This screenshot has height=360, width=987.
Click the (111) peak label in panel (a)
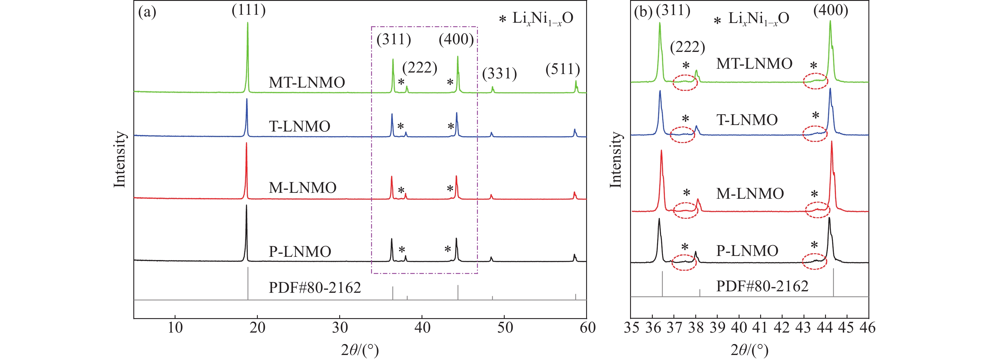pyautogui.click(x=248, y=10)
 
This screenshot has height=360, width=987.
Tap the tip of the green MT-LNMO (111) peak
pyautogui.click(x=247, y=23)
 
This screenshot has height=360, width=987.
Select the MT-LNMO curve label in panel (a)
pyautogui.click(x=306, y=82)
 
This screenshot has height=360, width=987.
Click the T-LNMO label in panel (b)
pyautogui.click(x=747, y=120)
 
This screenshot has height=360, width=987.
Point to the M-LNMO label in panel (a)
pyautogui.click(x=302, y=188)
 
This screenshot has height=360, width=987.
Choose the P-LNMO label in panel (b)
pyautogui.click(x=747, y=251)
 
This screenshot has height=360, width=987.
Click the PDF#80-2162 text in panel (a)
pyautogui.click(x=314, y=287)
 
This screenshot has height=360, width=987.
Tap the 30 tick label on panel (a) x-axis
pyautogui.click(x=340, y=328)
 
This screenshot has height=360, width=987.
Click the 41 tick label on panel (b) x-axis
pyautogui.click(x=760, y=328)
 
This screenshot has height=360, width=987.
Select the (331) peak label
pyautogui.click(x=499, y=73)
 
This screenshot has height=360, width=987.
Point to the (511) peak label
pyautogui.click(x=563, y=69)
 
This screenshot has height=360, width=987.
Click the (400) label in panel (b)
pyautogui.click(x=831, y=10)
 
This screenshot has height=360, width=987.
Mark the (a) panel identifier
pyautogui.click(x=147, y=12)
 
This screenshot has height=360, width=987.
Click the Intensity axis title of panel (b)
pyautogui.click(x=616, y=160)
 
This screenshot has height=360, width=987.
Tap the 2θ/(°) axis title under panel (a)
pyautogui.click(x=360, y=350)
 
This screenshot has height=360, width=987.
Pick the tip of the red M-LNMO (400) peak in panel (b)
pyautogui.click(x=832, y=142)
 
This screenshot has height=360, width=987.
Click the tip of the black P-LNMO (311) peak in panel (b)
pyautogui.click(x=659, y=219)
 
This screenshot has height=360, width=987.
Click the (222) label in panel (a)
pyautogui.click(x=419, y=68)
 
